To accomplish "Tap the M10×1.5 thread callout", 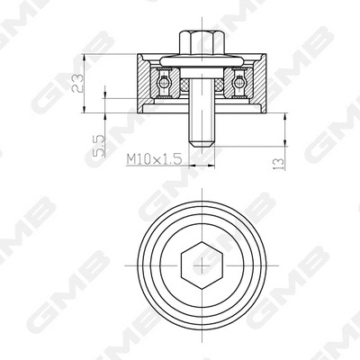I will pos(154,157).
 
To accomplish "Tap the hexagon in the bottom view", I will pos(201,265).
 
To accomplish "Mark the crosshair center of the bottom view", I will pos(201,265).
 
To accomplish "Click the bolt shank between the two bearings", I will pos(201,85).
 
